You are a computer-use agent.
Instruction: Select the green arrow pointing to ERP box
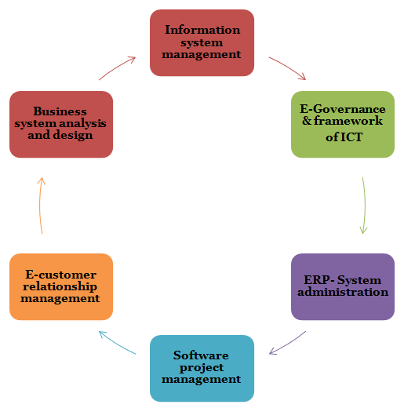point(365,206)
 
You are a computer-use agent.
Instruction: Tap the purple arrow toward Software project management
point(289,344)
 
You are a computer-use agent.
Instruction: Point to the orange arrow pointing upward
point(40,206)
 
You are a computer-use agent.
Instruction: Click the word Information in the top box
point(202,30)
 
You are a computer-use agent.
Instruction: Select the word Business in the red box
point(60,111)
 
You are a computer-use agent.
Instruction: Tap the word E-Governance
point(343,109)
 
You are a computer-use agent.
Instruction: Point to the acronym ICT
point(350,137)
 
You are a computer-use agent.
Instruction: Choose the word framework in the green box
point(348,121)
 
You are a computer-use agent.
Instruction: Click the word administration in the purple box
point(343,292)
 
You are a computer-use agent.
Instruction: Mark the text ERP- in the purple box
point(319,280)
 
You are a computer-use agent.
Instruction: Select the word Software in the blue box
point(201,355)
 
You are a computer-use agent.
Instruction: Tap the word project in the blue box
point(202,368)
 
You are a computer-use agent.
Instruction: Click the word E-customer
point(61,275)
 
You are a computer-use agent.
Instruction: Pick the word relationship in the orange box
point(60,286)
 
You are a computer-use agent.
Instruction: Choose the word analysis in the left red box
point(83,123)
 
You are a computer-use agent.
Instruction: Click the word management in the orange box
point(60,298)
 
